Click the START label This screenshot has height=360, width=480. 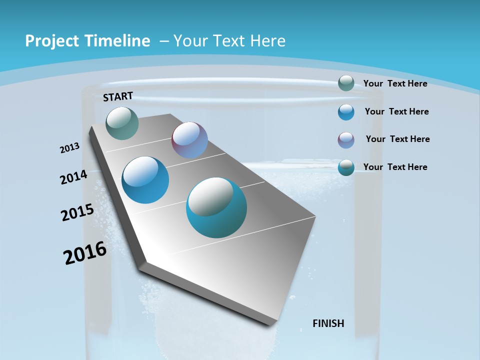point(118,96)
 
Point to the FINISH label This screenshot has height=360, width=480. point(328,323)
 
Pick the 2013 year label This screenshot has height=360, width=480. point(70,148)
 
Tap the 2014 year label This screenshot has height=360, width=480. point(74,177)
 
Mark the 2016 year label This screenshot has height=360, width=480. point(85,253)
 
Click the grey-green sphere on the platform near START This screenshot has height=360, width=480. point(122,123)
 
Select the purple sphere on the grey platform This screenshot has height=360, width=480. point(189,140)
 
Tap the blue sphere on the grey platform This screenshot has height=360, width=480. point(145,180)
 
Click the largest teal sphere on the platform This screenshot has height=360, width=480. point(216,207)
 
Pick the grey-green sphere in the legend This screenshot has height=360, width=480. point(346,83)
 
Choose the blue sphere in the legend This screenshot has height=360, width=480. point(346,112)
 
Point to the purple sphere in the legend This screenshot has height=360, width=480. point(346,140)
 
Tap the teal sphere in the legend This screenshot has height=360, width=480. point(346,167)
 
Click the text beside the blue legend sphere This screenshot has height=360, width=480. point(396,111)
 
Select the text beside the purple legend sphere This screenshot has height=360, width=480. point(397,139)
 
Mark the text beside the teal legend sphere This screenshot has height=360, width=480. point(395,167)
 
